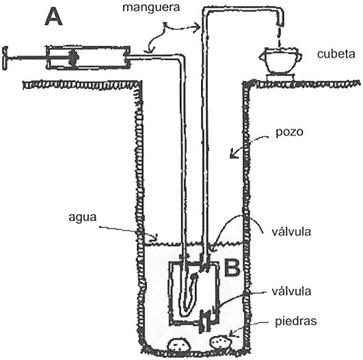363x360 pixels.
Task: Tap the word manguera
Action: pyautogui.click(x=151, y=8)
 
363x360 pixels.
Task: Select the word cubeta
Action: pyautogui.click(x=336, y=54)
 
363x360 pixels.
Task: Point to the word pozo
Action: pyautogui.click(x=289, y=133)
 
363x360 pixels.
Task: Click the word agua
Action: pyautogui.click(x=83, y=218)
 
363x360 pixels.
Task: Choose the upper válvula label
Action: pyautogui.click(x=291, y=231)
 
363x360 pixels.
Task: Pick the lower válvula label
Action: pyautogui.click(x=291, y=291)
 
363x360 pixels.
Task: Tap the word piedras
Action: pyautogui.click(x=295, y=322)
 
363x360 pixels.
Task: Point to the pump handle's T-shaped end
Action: pyautogui.click(x=5, y=57)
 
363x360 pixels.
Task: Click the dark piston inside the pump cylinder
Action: pyautogui.click(x=74, y=57)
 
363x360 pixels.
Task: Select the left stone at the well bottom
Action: pyautogui.click(x=179, y=344)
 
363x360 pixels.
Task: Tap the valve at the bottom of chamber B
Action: pyautogui.click(x=205, y=321)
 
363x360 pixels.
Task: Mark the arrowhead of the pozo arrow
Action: pyautogui.click(x=233, y=155)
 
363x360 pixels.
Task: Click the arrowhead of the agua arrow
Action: pyautogui.click(x=155, y=238)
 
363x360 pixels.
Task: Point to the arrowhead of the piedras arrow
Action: pyautogui.click(x=232, y=335)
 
